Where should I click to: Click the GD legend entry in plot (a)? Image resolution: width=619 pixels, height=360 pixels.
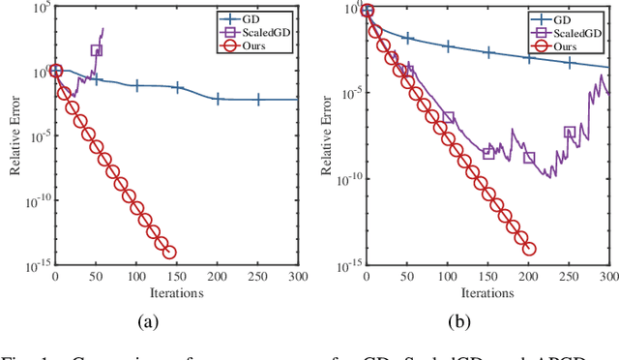(262, 16)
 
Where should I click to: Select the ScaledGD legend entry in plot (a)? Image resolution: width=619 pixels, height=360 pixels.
(262, 31)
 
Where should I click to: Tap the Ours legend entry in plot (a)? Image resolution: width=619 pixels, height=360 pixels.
(262, 45)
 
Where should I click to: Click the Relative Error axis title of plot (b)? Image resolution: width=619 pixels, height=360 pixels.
(327, 135)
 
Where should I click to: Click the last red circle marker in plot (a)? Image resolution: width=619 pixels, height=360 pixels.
(169, 253)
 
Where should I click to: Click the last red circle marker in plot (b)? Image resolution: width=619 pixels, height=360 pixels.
(529, 249)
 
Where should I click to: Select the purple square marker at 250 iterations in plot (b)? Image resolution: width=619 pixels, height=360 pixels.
(570, 133)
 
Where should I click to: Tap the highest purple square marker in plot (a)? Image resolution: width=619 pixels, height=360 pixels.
(96, 50)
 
